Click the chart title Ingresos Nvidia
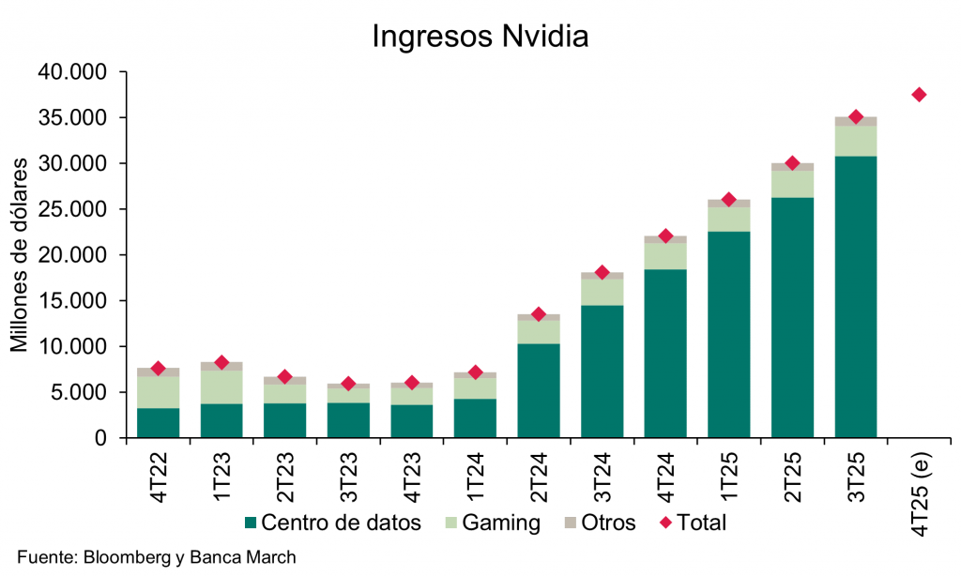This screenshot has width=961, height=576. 480,37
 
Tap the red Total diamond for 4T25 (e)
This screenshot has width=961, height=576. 919,95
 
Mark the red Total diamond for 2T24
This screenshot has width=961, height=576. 539,314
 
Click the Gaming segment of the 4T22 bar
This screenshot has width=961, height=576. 159,392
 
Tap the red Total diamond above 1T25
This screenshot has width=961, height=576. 728,200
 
